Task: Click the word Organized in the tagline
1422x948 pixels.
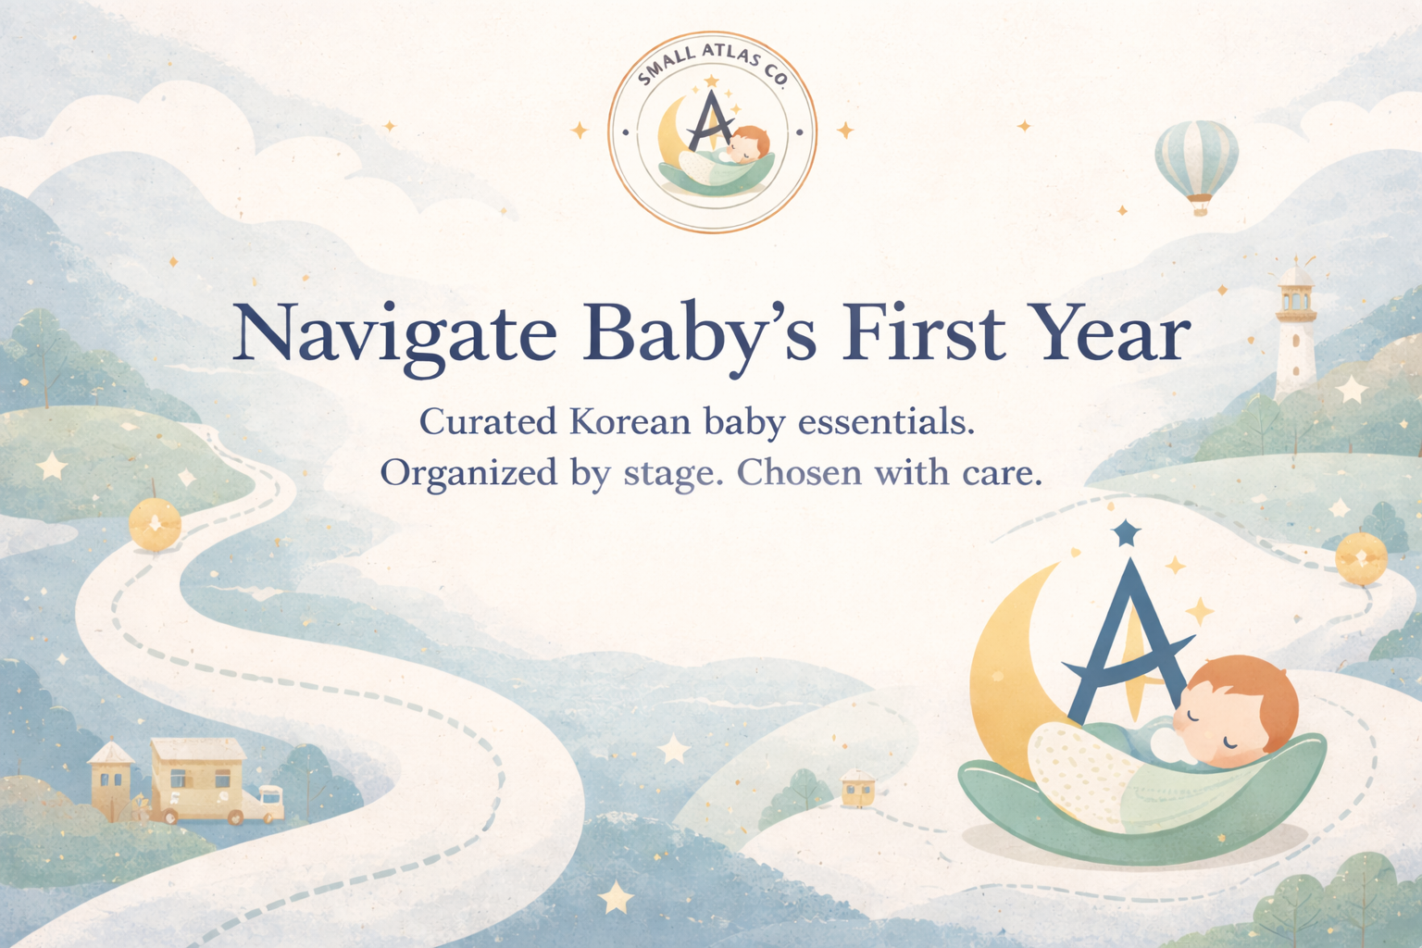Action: point(469,474)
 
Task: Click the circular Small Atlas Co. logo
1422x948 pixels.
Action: point(712,132)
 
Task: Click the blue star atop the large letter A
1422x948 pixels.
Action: point(1126,532)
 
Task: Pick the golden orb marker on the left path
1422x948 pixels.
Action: point(155,524)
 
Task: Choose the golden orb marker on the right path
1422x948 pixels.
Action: point(1360,558)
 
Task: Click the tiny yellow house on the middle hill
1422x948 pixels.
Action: point(857,788)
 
